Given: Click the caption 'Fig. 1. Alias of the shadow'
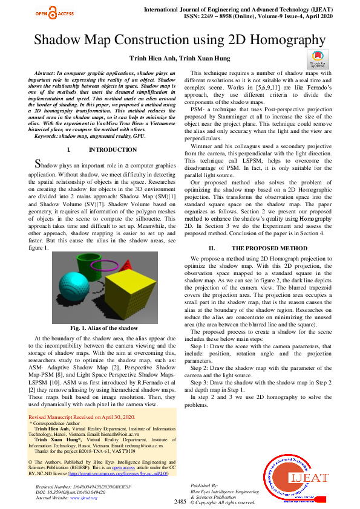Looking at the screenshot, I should (x=103, y=327).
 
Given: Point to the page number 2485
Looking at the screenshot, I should (x=180, y=502).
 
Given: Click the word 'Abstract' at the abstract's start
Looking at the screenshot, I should (x=49, y=73).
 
